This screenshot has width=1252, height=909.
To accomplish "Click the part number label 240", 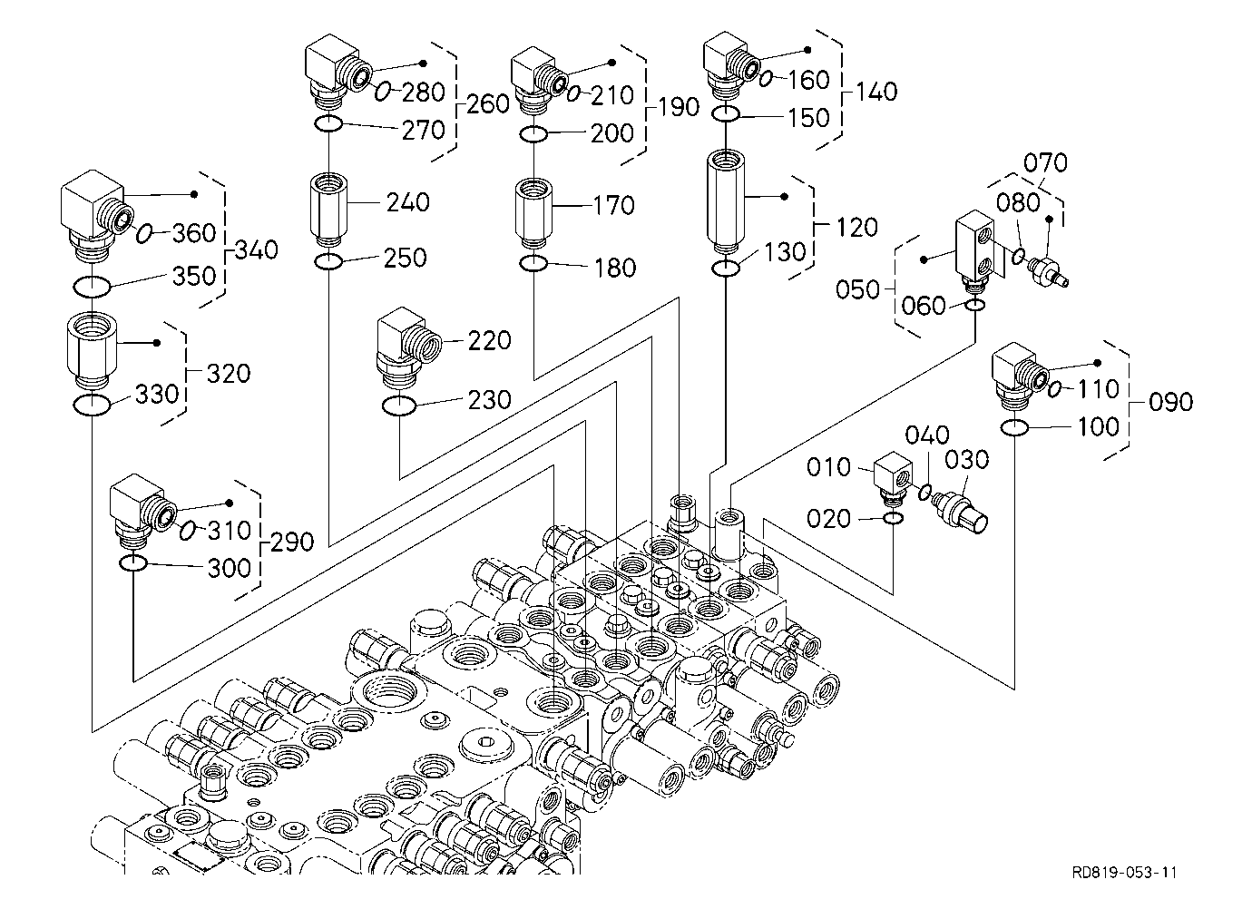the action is click(408, 201).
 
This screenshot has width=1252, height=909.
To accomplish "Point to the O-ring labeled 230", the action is click(399, 406).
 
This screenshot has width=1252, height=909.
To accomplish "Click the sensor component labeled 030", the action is click(960, 510).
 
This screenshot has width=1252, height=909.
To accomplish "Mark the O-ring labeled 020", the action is click(893, 519).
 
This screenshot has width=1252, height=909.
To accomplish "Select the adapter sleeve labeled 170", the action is click(533, 212).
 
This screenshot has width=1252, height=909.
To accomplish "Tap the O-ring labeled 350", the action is click(92, 287).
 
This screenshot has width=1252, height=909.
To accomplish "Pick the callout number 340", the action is click(257, 249).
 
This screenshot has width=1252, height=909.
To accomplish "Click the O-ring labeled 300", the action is click(133, 563).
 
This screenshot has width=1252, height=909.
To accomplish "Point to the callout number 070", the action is click(1045, 162).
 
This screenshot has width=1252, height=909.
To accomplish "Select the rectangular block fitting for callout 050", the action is click(975, 248).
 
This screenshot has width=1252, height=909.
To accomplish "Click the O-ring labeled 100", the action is click(1014, 428).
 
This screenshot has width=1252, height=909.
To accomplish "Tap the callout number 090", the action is click(1170, 402).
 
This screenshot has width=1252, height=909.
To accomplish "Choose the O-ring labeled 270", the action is click(328, 124).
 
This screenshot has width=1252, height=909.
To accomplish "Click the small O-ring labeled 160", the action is click(766, 79).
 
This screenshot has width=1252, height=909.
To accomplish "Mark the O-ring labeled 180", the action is click(533, 263).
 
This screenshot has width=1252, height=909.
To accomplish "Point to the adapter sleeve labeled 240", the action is click(328, 210).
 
